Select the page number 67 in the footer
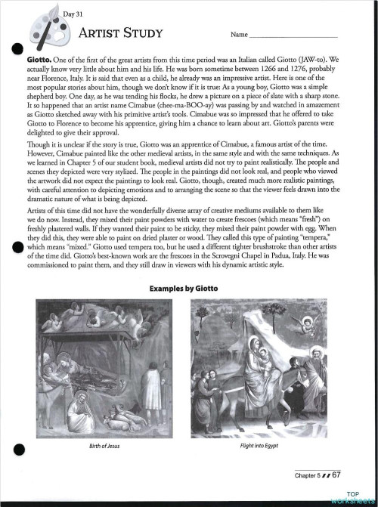[336, 475]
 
